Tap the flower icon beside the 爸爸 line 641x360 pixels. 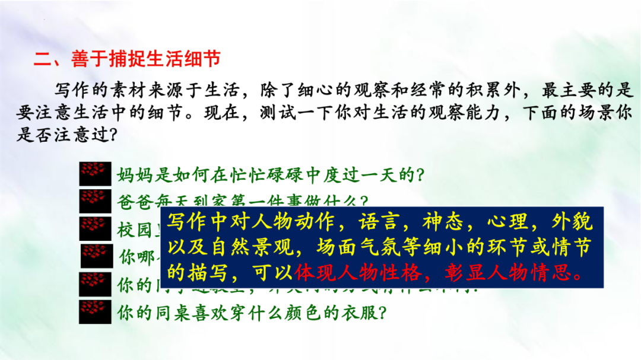pyautogui.click(x=95, y=200)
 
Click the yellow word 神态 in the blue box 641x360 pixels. pyautogui.click(x=440, y=222)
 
